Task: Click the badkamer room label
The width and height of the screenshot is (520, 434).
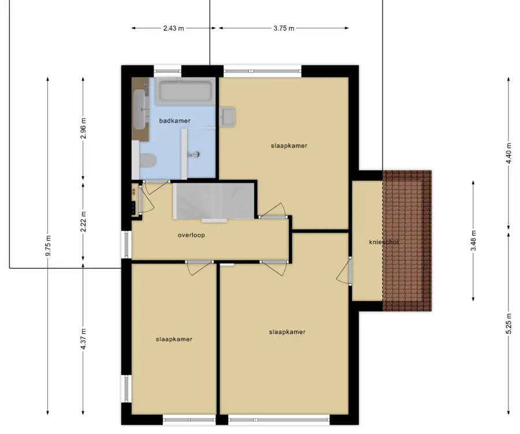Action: click(x=174, y=121)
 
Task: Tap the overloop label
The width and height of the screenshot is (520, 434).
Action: click(x=191, y=235)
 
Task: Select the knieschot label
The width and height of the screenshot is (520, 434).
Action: click(x=384, y=242)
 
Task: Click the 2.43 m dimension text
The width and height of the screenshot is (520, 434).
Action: click(x=173, y=28)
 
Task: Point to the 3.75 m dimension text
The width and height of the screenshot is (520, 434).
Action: click(x=284, y=28)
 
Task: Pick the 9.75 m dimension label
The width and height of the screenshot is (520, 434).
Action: click(x=49, y=245)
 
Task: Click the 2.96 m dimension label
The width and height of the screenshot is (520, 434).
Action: click(x=84, y=128)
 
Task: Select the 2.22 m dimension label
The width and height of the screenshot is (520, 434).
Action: click(x=84, y=222)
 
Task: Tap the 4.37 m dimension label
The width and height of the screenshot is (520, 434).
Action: click(x=84, y=339)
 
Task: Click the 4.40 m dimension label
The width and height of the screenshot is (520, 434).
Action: click(x=509, y=153)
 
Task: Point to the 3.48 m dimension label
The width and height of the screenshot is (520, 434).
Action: click(x=474, y=241)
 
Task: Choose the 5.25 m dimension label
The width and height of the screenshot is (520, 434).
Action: click(x=509, y=325)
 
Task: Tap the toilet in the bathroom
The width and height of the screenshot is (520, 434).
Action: click(x=147, y=161)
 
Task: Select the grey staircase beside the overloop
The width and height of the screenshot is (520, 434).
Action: click(x=214, y=201)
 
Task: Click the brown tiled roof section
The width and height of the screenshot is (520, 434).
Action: click(x=407, y=241)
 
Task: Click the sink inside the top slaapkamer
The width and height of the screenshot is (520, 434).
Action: click(x=227, y=116)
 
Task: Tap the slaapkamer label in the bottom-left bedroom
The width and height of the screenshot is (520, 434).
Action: click(x=174, y=339)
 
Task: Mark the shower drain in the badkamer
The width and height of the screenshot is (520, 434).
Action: click(x=196, y=154)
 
